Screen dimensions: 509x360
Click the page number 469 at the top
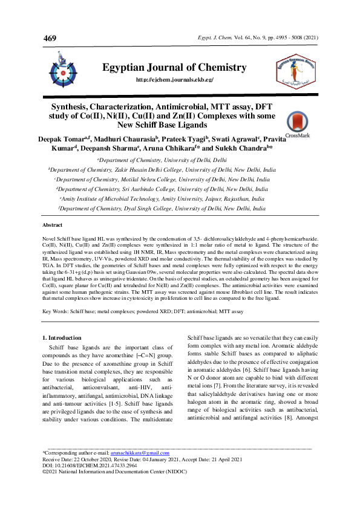[50, 39]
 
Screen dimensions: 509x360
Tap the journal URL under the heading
[175, 80]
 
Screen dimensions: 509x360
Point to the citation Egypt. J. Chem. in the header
[211, 37]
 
